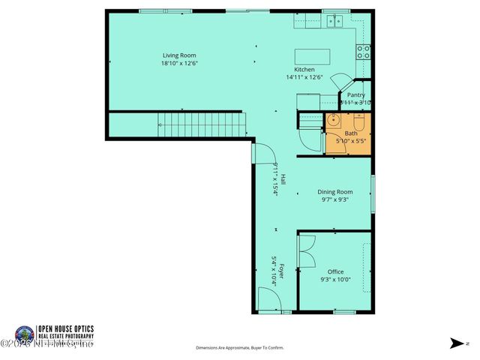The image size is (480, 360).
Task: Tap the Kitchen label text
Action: [304, 70]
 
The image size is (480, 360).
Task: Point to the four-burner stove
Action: [363, 51]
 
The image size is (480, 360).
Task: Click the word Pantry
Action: [355, 95]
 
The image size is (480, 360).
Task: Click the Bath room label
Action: [351, 133]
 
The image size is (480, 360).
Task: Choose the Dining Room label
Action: [334, 192]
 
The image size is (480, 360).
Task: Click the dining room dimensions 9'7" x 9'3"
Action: [334, 199]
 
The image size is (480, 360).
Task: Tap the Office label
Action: [335, 271]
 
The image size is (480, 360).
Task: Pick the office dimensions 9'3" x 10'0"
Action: [335, 279]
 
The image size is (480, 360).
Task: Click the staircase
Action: [202, 124]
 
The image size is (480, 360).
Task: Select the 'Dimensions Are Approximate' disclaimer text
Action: [240, 348]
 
